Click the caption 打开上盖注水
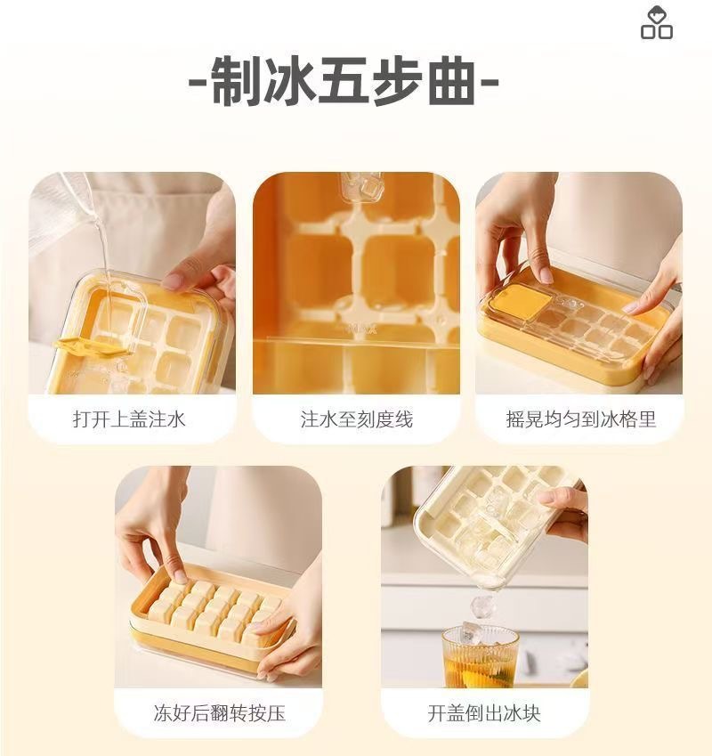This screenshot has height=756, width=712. [x=132, y=419]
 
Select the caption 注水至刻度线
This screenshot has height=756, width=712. [x=356, y=419]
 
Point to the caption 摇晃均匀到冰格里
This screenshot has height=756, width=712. [x=580, y=419]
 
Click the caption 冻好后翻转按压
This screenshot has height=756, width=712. [x=219, y=712]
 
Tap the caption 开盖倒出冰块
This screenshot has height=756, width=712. [x=483, y=712]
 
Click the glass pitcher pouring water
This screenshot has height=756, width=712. [x=59, y=209]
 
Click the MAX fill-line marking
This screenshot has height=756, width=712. [x=362, y=329]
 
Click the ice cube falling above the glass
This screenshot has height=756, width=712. [x=482, y=607]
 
